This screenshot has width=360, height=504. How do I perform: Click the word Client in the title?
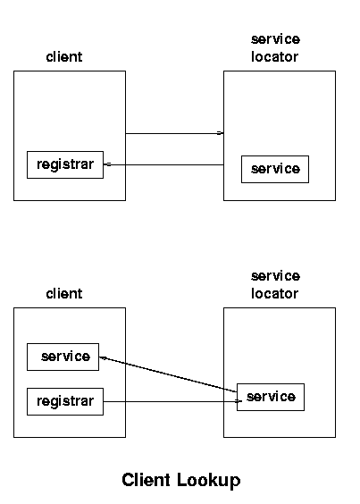tap(147, 480)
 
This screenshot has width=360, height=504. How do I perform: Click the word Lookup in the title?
tap(209, 481)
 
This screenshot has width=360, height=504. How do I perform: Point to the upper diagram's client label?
tap(64, 57)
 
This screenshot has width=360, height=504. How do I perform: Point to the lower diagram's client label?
tap(64, 294)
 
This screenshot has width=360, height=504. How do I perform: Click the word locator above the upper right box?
tap(275, 57)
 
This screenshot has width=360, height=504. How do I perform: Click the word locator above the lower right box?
tap(275, 294)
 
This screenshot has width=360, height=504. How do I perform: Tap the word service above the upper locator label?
tap(275, 39)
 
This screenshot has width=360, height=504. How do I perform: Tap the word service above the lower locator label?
tap(275, 276)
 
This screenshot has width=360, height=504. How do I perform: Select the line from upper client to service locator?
tap(174, 133)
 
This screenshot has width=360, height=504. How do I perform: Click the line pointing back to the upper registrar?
tap(163, 164)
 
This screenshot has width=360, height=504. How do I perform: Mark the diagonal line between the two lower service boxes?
tap(168, 374)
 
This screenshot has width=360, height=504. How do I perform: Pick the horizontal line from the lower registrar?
tap(172, 401)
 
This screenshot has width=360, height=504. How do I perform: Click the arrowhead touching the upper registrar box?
tap(108, 164)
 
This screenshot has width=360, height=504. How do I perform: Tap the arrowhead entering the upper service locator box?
tap(220, 133)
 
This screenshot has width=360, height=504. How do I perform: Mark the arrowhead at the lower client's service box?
tap(103, 357)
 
